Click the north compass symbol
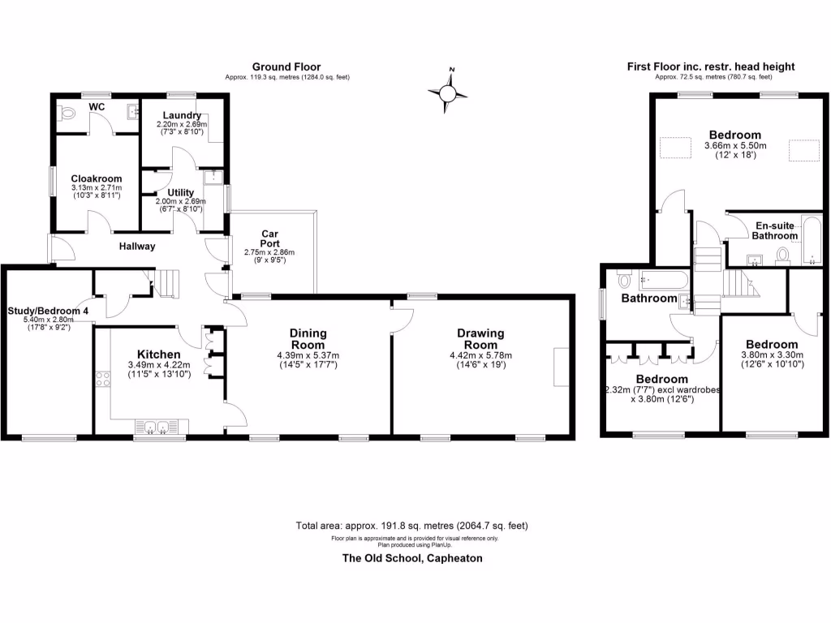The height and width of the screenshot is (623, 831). (x=447, y=92)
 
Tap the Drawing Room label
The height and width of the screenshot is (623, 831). (x=480, y=338)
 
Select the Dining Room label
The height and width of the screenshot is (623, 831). (x=308, y=338)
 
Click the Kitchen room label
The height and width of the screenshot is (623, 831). (x=158, y=354)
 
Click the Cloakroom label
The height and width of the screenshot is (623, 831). (x=96, y=178)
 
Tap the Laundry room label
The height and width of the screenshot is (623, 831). (x=182, y=116)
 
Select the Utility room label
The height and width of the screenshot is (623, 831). (x=180, y=192)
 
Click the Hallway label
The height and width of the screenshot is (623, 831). (x=137, y=246)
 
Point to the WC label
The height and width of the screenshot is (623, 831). (x=97, y=107)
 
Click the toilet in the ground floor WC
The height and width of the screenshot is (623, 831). (x=67, y=114)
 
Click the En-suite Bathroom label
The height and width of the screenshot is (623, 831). (x=775, y=230)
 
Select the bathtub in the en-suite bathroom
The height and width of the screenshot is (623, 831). (x=811, y=241)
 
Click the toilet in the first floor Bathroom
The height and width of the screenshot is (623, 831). (x=624, y=281)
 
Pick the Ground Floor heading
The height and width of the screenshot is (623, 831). (x=286, y=67)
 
